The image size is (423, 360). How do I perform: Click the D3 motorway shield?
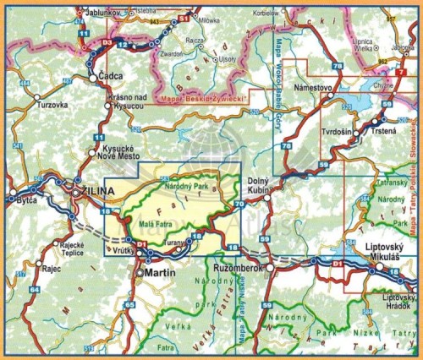click(x=107, y=41)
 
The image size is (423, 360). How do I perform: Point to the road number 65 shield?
click(x=129, y=304)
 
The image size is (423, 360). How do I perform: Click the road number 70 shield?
click(x=238, y=205)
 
